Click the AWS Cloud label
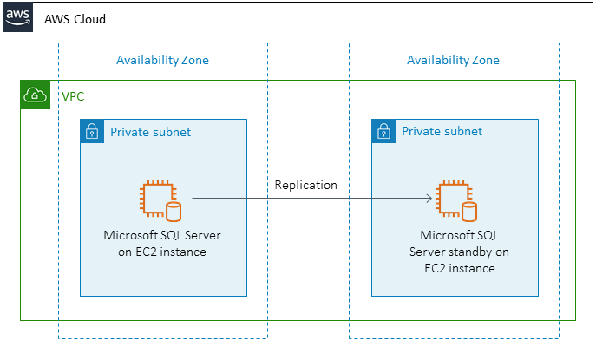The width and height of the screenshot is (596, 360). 75,18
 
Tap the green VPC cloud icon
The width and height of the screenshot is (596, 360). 36,95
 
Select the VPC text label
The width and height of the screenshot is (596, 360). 74,95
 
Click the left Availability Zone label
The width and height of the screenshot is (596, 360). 162,60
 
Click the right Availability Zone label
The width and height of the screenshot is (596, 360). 453,60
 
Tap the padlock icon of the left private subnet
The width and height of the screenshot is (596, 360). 91,132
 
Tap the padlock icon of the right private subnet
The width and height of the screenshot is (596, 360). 383,132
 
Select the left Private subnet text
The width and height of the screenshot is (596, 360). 150,132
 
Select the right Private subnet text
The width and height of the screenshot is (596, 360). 442,132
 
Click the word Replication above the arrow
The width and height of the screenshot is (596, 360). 305,185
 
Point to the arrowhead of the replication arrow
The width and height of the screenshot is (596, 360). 429,199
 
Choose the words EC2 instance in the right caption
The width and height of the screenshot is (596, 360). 459,268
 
